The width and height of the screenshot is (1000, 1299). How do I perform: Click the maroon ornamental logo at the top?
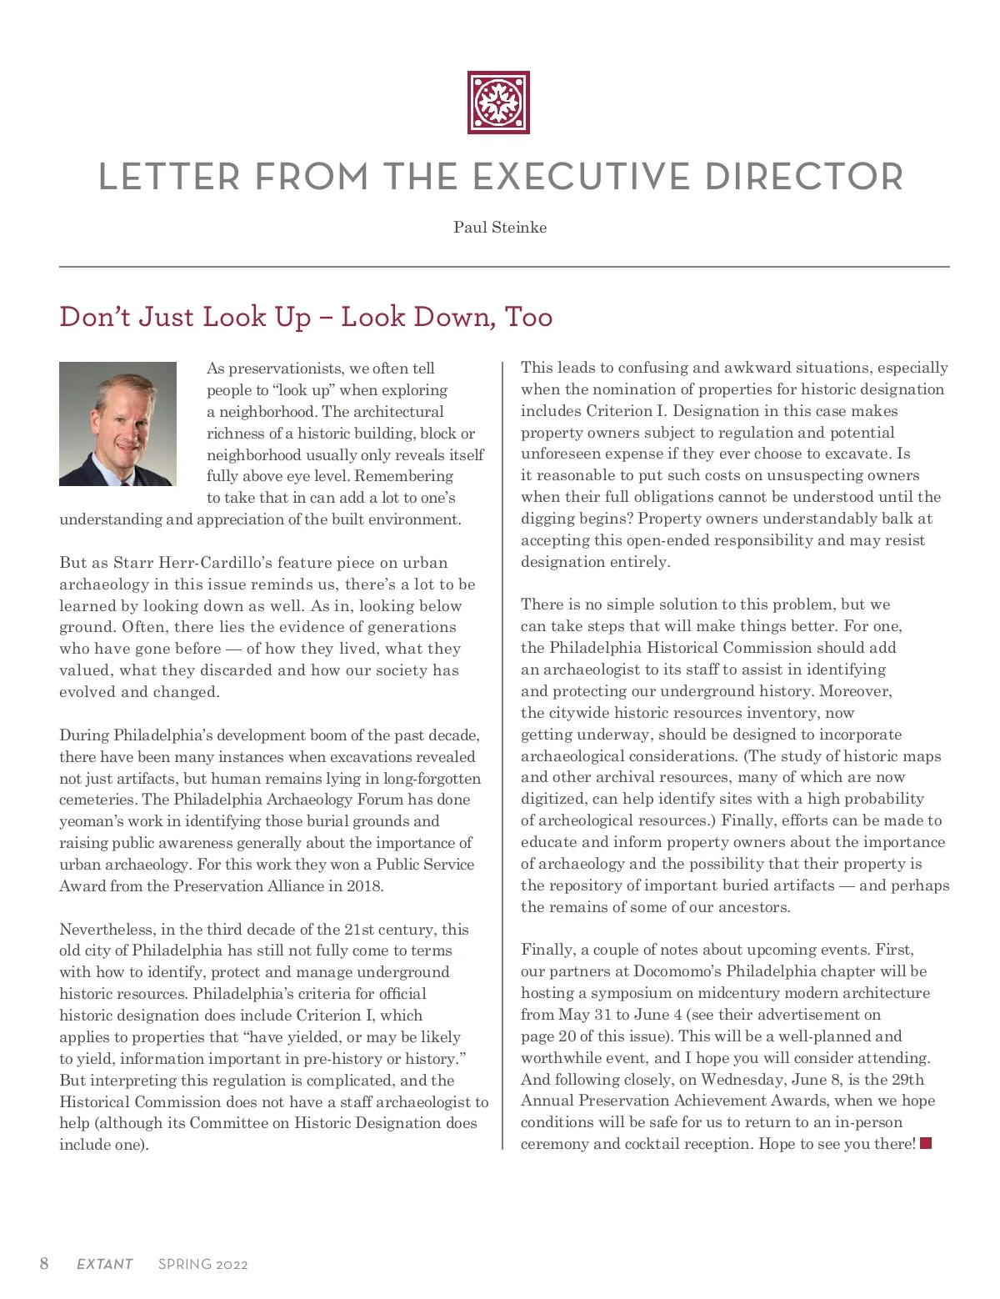(498, 103)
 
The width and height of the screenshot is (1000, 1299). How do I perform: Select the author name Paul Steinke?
(500, 228)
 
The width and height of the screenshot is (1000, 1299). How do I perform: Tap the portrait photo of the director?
(117, 424)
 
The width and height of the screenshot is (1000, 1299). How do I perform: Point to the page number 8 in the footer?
(44, 1263)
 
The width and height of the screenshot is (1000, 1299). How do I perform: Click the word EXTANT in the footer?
(104, 1264)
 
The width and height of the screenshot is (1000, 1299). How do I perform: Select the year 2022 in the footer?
(232, 1264)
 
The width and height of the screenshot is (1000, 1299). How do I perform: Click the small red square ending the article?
(925, 1143)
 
